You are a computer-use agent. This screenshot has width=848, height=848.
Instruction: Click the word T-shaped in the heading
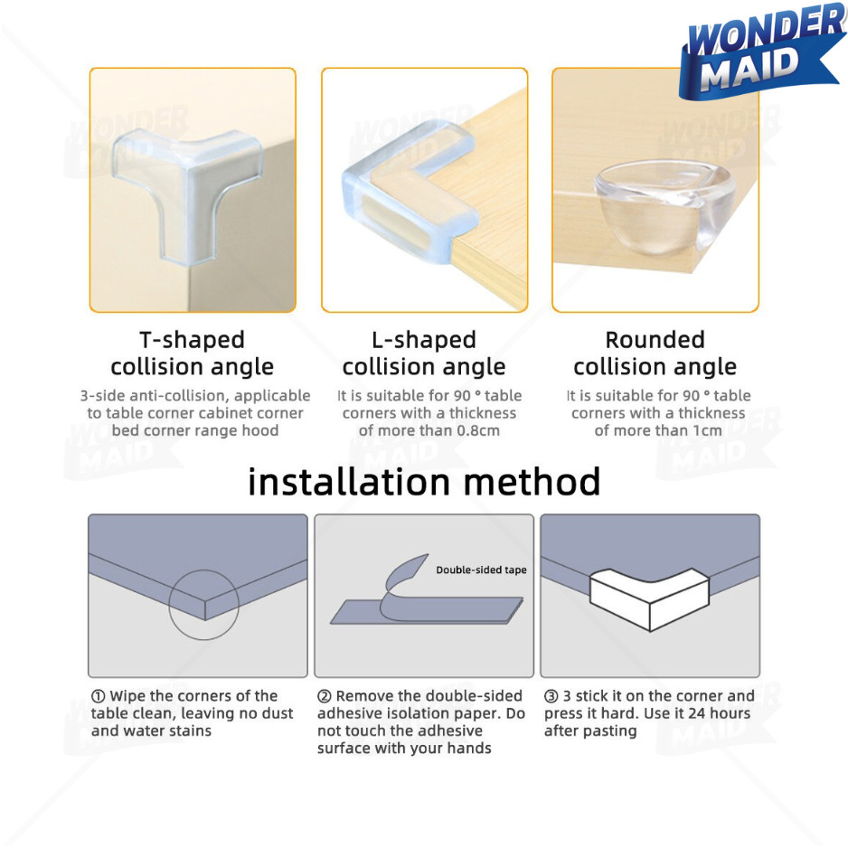point(192,340)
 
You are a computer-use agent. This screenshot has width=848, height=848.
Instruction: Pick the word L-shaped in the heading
point(423,340)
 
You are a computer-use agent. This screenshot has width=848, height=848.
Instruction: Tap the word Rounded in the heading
point(655,340)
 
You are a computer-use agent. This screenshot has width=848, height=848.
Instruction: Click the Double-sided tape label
point(481,570)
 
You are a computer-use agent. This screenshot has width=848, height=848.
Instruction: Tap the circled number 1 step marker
point(98,696)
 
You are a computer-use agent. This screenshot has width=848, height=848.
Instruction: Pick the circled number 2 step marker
point(324,696)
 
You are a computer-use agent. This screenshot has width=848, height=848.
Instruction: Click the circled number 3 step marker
point(551,696)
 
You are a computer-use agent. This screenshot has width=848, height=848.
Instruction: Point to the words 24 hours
point(720,713)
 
